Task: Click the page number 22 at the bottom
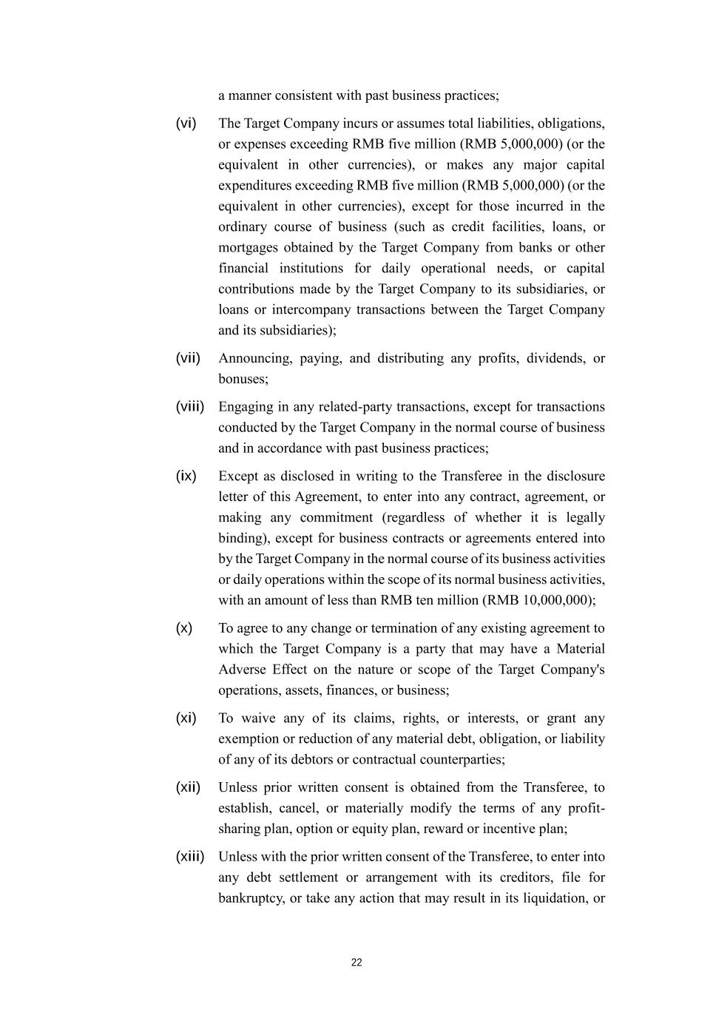[356, 963]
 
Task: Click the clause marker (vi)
[186, 123]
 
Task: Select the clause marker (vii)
[188, 358]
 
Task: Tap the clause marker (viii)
[189, 406]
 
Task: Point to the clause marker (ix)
[186, 476]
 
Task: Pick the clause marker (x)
[183, 628]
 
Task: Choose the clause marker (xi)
[186, 718]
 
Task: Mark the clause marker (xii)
[188, 787]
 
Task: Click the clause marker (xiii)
[189, 857]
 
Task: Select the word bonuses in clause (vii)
[241, 379]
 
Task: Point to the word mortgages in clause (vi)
[248, 248]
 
